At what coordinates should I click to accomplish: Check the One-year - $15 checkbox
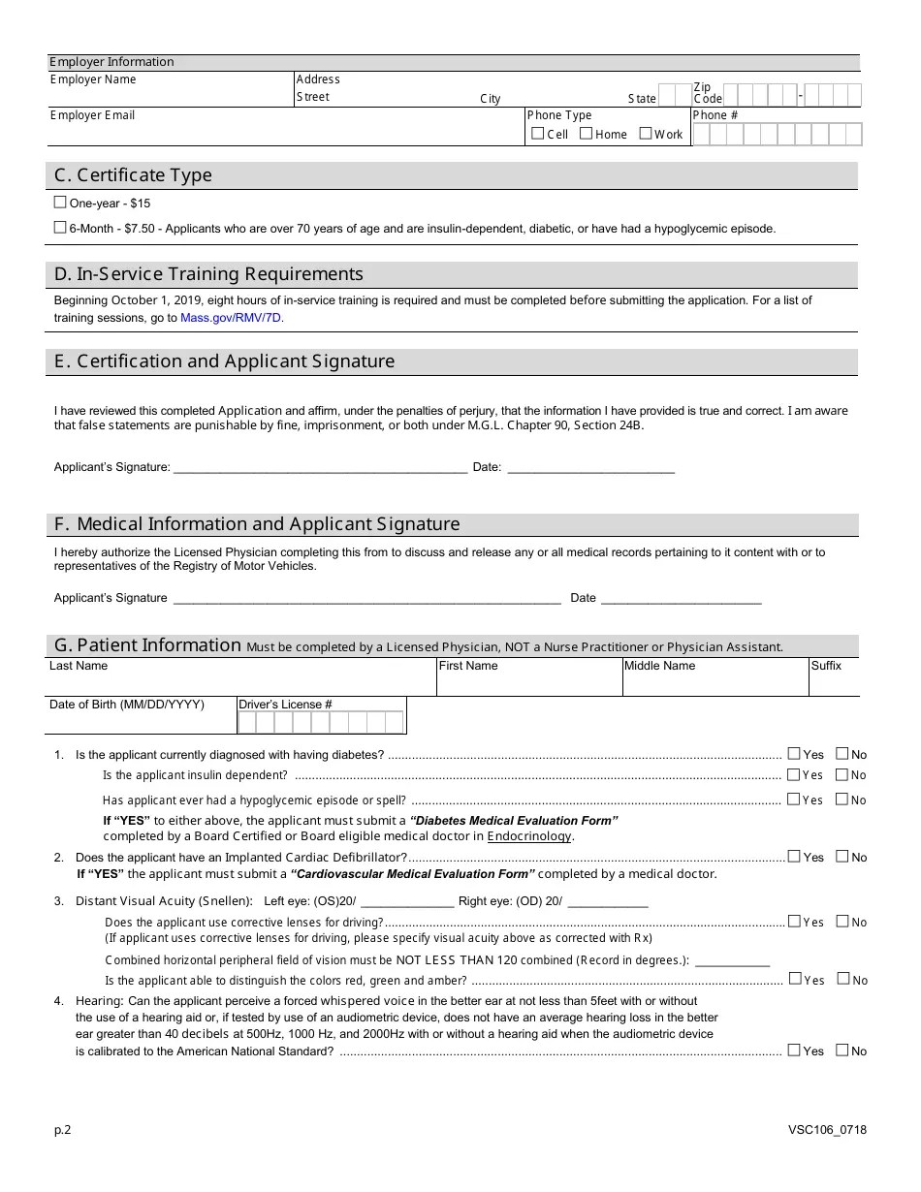tap(60, 203)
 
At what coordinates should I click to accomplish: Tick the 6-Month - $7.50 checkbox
tap(60, 228)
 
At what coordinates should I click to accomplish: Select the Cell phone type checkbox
tap(538, 134)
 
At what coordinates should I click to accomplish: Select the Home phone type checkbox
tap(586, 134)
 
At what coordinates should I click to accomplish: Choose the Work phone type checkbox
tap(646, 134)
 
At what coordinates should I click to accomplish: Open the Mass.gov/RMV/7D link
tap(232, 318)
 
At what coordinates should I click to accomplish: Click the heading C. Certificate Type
tap(133, 175)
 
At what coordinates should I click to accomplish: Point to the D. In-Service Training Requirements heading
tap(208, 274)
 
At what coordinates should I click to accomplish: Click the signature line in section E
tap(319, 467)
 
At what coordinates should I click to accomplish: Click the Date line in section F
tap(681, 598)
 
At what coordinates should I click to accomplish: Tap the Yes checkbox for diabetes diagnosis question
tap(794, 754)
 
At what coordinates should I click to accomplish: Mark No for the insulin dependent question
tap(842, 774)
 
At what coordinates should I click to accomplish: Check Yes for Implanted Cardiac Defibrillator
tap(794, 857)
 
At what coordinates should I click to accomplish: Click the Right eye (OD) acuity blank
tap(607, 901)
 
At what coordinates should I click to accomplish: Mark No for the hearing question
tap(842, 1051)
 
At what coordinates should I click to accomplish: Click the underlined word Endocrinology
tap(529, 836)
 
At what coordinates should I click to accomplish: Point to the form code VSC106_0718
tap(827, 1130)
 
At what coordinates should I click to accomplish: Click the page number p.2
tap(62, 1130)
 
